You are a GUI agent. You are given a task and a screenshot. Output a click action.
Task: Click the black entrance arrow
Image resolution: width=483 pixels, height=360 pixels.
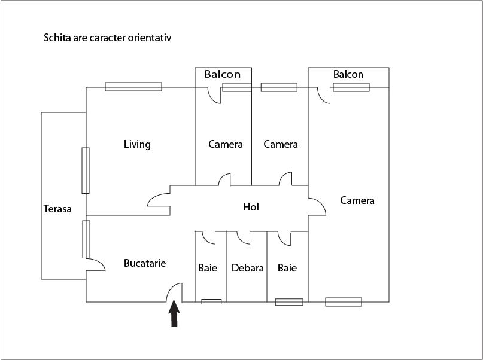pyautogui.click(x=174, y=314)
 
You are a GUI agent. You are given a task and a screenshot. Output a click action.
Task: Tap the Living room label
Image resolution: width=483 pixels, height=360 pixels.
pyautogui.click(x=137, y=144)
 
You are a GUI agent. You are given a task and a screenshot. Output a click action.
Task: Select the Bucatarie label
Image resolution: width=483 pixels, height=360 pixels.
pyautogui.click(x=145, y=263)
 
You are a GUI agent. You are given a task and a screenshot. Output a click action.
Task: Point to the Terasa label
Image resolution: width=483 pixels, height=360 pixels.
pyautogui.click(x=57, y=209)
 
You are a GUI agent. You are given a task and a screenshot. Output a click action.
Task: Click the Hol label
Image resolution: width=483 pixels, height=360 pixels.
pyautogui.click(x=251, y=207)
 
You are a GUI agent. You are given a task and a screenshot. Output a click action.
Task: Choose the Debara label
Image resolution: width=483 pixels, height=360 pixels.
pyautogui.click(x=248, y=268)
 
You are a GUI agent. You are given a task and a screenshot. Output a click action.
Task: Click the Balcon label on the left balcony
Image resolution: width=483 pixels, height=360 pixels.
pyautogui.click(x=223, y=74)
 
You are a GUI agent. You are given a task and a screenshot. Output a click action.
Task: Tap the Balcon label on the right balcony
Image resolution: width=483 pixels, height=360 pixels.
pyautogui.click(x=348, y=74)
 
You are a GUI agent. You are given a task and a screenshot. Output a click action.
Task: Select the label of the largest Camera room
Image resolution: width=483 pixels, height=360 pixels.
pyautogui.click(x=357, y=200)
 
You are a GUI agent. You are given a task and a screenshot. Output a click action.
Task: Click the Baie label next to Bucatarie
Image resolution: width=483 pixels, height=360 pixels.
pyautogui.click(x=208, y=268)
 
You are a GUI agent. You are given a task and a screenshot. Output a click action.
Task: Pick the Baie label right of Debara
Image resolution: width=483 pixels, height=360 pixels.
pyautogui.click(x=287, y=268)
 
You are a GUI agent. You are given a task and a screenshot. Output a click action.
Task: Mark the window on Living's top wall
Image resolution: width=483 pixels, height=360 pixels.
pyautogui.click(x=133, y=87)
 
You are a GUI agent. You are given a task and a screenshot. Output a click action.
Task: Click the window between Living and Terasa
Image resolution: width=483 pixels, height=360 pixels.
pyautogui.click(x=86, y=170)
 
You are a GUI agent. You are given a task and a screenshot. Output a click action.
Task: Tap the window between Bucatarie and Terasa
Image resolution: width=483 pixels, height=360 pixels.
pyautogui.click(x=86, y=239)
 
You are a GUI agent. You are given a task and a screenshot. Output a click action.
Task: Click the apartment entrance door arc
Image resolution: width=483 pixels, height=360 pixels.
pyautogui.click(x=175, y=292)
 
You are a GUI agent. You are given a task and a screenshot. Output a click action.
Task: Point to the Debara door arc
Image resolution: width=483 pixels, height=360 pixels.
pyautogui.click(x=242, y=238)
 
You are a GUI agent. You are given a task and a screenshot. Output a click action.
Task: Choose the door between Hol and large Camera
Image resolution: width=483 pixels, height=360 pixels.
pyautogui.click(x=317, y=207)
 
